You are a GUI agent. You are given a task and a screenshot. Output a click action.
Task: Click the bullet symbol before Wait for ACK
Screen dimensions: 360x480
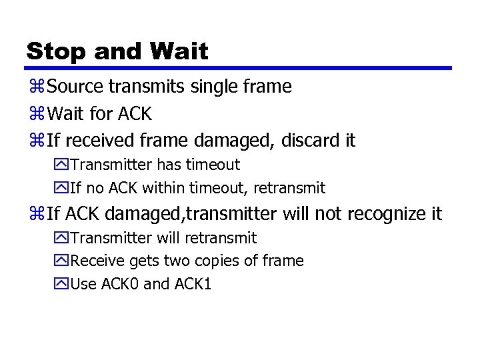(37, 114)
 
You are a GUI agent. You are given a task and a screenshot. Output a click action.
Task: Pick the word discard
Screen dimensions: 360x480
(309, 141)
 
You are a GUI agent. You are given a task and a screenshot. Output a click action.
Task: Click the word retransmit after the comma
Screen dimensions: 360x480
(289, 188)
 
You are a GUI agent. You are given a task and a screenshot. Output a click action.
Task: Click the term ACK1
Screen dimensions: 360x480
(193, 284)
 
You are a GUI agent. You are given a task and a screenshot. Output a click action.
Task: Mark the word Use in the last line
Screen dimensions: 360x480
(83, 284)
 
